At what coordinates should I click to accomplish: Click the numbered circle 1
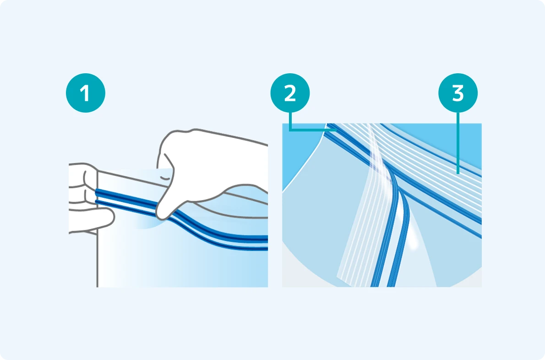pyautogui.click(x=86, y=93)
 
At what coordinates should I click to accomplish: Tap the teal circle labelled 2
pyautogui.click(x=290, y=93)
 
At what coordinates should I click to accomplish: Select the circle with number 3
pyautogui.click(x=458, y=93)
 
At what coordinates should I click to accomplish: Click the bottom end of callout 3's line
pyautogui.click(x=458, y=173)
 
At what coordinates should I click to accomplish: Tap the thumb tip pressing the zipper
pyautogui.click(x=162, y=215)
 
